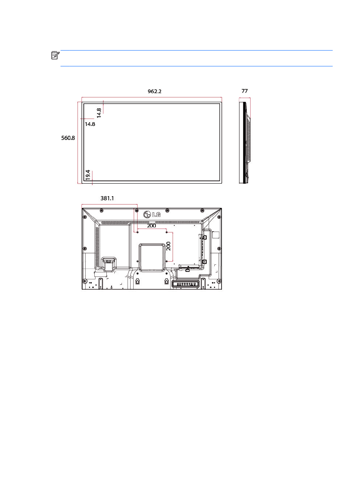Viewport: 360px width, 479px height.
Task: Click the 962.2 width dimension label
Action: click(x=154, y=91)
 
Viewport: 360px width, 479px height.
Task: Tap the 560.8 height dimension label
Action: click(x=68, y=138)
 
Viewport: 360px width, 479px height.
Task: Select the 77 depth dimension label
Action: click(x=245, y=91)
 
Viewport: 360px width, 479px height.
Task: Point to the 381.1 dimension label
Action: click(x=107, y=198)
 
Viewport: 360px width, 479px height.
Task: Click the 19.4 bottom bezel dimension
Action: click(x=88, y=175)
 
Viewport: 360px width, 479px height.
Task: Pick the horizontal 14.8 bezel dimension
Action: click(x=90, y=124)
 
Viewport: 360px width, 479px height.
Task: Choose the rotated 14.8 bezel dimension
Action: click(x=99, y=113)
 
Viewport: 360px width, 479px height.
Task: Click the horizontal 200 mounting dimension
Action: click(x=151, y=226)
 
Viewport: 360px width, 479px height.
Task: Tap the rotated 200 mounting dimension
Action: click(x=168, y=246)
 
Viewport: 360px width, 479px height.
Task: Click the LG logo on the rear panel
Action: click(x=152, y=215)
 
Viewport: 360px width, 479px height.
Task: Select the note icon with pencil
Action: click(x=55, y=55)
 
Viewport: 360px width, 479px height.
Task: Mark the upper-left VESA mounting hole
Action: click(x=137, y=232)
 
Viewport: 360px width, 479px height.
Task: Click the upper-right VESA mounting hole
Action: click(x=166, y=232)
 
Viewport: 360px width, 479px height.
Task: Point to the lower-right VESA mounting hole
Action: click(x=166, y=261)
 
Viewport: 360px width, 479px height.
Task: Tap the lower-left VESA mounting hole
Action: click(x=137, y=261)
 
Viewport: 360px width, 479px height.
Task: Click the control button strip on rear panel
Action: click(x=186, y=284)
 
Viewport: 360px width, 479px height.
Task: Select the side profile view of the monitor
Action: click(x=245, y=143)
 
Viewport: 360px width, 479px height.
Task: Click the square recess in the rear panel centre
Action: click(x=152, y=258)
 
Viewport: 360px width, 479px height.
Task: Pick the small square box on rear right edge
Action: click(x=216, y=235)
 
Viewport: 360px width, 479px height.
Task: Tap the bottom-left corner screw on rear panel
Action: click(x=85, y=281)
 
